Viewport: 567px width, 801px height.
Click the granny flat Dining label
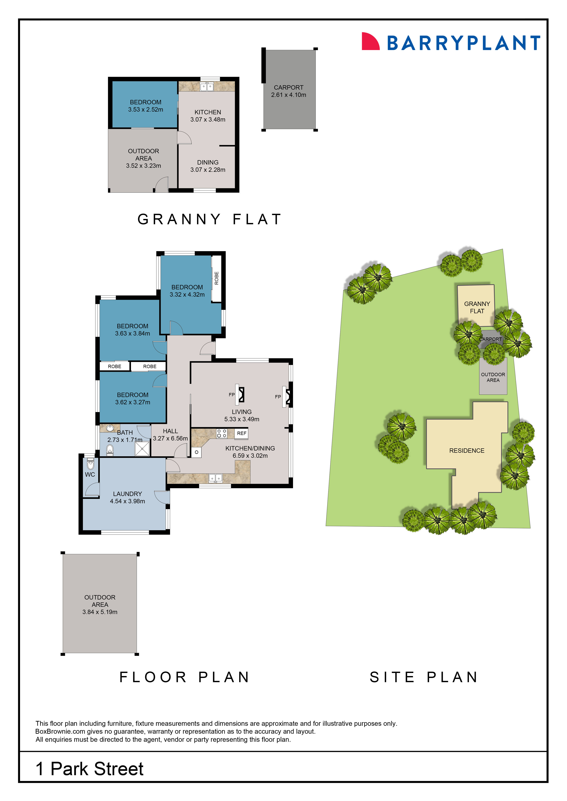208,163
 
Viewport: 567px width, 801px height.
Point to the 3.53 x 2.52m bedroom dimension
146,109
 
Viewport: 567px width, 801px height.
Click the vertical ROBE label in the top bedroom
216,278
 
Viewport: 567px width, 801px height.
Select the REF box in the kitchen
242,433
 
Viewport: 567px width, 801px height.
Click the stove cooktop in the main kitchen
222,433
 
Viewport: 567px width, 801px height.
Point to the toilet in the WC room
90,464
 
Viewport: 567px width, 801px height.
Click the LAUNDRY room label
127,494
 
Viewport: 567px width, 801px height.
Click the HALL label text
170,431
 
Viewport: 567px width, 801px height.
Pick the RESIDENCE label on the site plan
467,451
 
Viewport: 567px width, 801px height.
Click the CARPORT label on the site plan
490,339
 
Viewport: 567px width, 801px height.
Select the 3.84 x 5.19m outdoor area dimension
100,612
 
